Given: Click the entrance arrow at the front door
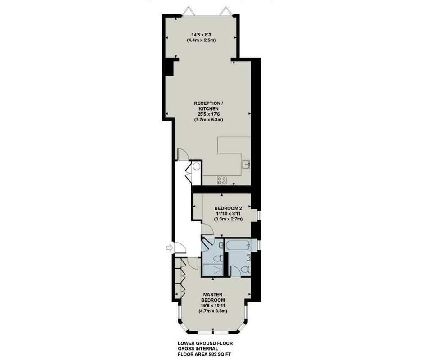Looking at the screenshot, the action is point(169,247).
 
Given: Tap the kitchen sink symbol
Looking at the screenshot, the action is point(246,164).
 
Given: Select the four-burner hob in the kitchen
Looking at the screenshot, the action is point(222,180).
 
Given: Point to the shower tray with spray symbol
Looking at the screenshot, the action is point(213,270).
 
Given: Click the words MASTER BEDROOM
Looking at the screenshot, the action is point(213,297).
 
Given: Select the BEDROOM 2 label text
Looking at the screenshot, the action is point(228,208).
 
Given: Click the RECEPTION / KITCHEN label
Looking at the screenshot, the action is point(208,106).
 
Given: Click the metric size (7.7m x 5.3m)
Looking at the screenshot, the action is point(208,120).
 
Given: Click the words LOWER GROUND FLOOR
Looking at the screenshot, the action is point(205,343).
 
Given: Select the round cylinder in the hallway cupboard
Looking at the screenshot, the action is point(197,166).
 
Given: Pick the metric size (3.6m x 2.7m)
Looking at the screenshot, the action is point(228,219).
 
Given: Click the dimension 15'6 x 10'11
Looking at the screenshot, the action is point(213,306).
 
